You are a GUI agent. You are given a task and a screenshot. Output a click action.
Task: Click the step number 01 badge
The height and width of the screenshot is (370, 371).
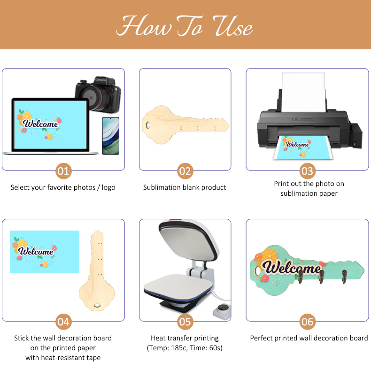coord(63,171)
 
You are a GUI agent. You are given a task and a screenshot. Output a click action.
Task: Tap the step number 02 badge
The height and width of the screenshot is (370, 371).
coord(185,171)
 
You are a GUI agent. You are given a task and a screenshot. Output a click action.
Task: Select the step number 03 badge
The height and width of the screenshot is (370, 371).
coord(307,171)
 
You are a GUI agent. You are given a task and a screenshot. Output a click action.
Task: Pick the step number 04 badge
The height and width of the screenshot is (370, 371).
coord(63,322)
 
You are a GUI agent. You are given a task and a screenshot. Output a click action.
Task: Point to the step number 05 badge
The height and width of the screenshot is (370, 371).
coord(185,322)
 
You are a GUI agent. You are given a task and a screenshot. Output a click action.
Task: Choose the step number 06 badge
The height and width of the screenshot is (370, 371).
coord(307,322)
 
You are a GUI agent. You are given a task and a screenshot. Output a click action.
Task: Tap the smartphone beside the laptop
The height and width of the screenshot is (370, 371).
coord(110,136)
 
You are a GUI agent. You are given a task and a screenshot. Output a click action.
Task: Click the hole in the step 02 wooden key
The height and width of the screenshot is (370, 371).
coord(148,124)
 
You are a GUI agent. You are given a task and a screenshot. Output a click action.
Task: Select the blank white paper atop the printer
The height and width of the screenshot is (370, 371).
coord(303,92)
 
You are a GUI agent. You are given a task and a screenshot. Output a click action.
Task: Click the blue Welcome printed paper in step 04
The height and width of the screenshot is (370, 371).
coord(45,252)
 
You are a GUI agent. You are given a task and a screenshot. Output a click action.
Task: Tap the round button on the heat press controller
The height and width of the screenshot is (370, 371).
coord(224,308)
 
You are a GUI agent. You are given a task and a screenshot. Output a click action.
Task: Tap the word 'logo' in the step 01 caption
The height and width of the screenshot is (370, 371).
coord(108,188)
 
